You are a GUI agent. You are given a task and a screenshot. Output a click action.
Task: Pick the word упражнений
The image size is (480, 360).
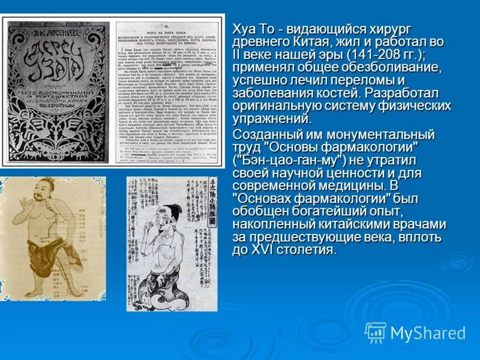pos(269,120)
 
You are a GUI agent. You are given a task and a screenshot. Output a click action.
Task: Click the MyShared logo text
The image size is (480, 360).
pos(427,333)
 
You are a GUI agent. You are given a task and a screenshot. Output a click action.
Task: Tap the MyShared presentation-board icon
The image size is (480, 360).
pos(376,332)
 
